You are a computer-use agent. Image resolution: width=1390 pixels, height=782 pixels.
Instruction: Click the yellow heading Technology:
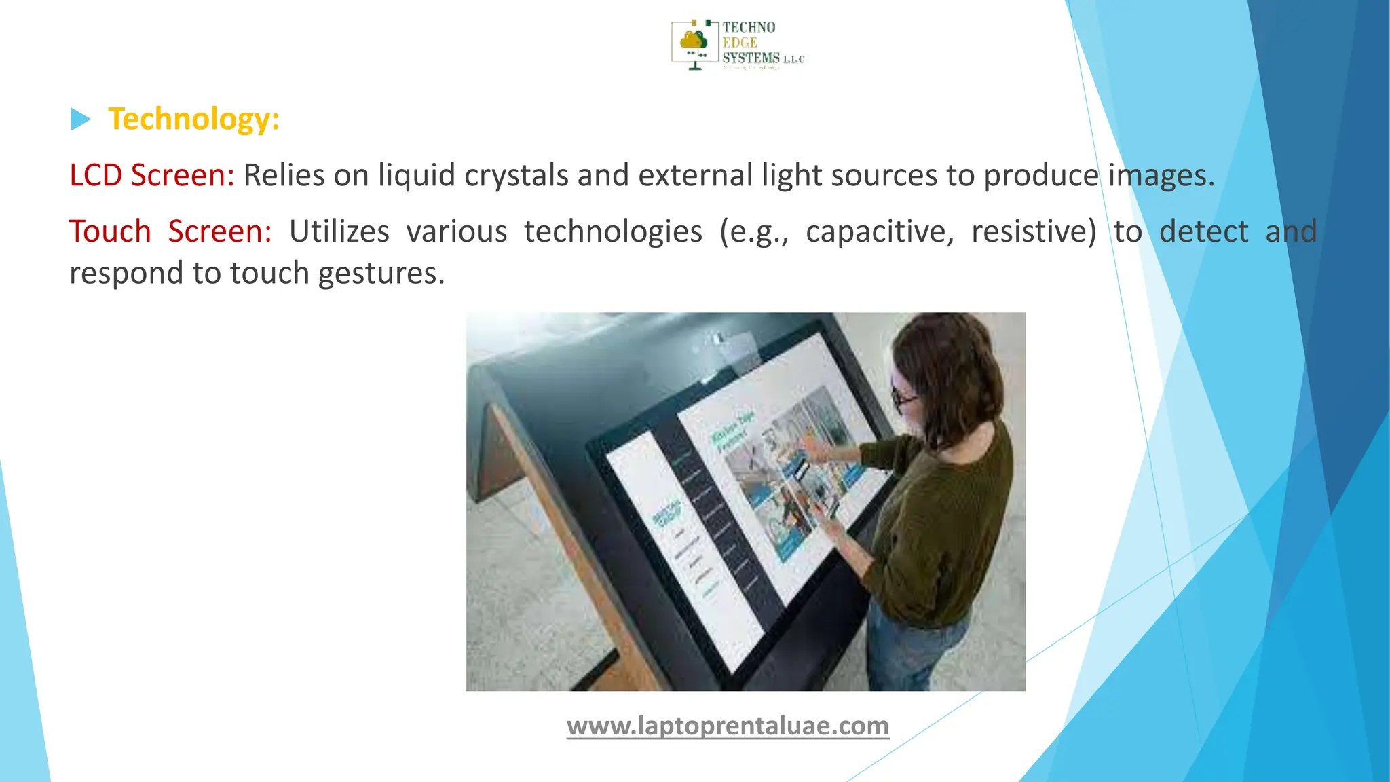pyautogui.click(x=193, y=119)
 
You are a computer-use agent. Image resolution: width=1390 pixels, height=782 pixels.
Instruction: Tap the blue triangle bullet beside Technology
pyautogui.click(x=80, y=119)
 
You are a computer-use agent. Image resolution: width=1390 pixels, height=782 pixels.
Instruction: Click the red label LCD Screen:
pyautogui.click(x=152, y=175)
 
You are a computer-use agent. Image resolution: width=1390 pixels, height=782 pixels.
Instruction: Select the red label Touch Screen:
pyautogui.click(x=170, y=231)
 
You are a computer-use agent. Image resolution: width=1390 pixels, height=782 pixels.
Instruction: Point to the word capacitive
pyautogui.click(x=880, y=231)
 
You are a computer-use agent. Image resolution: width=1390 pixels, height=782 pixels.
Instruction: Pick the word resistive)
pyautogui.click(x=1034, y=231)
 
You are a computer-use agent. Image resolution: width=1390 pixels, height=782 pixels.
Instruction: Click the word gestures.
pyautogui.click(x=381, y=274)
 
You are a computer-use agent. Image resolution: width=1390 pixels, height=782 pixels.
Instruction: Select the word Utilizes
pyautogui.click(x=339, y=231)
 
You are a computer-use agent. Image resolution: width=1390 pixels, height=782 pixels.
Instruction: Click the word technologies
pyautogui.click(x=613, y=231)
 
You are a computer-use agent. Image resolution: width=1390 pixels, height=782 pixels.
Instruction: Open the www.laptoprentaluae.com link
pyautogui.click(x=728, y=726)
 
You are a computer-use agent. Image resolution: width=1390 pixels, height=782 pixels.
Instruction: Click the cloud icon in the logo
pyautogui.click(x=694, y=41)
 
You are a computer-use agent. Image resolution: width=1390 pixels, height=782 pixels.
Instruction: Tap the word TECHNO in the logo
pyautogui.click(x=749, y=27)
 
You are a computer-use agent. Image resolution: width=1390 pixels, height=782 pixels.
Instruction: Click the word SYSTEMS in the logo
pyautogui.click(x=751, y=58)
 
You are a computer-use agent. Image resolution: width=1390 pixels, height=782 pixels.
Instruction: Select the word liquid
pyautogui.click(x=417, y=175)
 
